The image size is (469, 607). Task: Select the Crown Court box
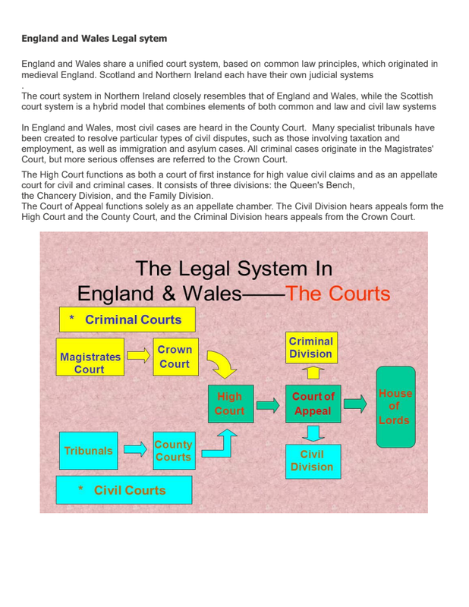tap(175, 356)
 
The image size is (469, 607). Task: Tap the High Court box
tap(229, 404)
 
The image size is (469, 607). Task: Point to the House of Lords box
tap(395, 407)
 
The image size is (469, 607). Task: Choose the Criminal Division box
tap(311, 348)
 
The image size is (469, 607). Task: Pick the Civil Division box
tap(312, 460)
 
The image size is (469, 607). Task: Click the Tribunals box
tap(88, 451)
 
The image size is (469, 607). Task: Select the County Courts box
tap(173, 451)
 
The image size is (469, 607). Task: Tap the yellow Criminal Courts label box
tap(127, 319)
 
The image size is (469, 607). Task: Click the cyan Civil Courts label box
tap(124, 490)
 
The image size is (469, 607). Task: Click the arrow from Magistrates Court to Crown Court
tap(138, 355)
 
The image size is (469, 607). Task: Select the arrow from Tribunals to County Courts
tap(135, 450)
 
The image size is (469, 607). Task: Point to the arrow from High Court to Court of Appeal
tap(267, 405)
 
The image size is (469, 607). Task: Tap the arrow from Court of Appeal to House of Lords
tap(354, 404)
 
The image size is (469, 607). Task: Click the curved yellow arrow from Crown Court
tap(222, 365)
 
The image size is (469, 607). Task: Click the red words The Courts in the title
tap(337, 294)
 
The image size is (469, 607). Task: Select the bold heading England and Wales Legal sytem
tap(94, 38)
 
